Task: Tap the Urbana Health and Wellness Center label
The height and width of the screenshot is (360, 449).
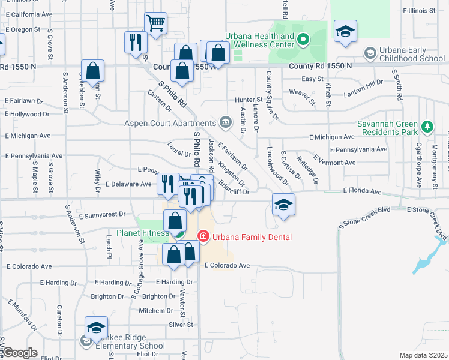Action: click(260, 41)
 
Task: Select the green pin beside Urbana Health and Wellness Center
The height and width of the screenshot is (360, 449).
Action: click(303, 41)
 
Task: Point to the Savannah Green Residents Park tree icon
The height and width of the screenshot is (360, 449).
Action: click(427, 127)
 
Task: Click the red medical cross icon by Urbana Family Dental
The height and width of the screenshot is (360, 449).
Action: click(203, 237)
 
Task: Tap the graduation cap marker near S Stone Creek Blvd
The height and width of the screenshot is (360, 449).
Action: click(283, 205)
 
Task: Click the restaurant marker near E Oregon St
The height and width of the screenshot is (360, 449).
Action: click(135, 42)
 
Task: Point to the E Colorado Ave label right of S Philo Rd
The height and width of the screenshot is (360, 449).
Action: click(228, 265)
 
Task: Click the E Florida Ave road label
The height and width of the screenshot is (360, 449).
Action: click(363, 191)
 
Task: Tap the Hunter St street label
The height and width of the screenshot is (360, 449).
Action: click(249, 100)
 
